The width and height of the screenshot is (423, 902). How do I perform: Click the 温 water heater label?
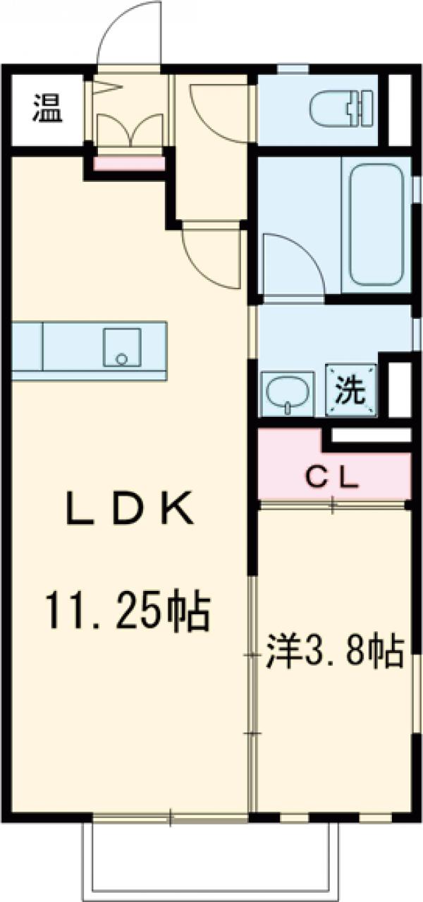click(47, 109)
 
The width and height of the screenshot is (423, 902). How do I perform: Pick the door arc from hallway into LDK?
click(210, 257)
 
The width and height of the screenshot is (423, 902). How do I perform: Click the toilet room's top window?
click(293, 68)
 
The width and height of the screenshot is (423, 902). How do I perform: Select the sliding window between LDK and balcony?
click(170, 818)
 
